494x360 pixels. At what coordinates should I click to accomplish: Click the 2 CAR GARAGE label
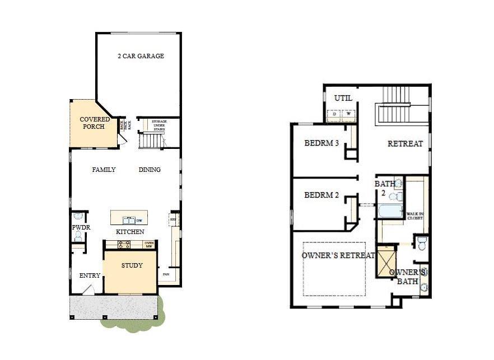click(141, 57)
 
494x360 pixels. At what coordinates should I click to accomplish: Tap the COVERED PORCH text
click(95, 123)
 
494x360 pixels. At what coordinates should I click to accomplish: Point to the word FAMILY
click(104, 170)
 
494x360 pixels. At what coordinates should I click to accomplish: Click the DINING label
click(150, 170)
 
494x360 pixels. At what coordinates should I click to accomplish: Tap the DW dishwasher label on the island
click(138, 221)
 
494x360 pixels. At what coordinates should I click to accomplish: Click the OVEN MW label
click(149, 244)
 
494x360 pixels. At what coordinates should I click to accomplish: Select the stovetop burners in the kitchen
click(123, 244)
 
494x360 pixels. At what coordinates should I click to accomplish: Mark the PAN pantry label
click(166, 274)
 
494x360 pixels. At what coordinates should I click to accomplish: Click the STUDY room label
click(132, 265)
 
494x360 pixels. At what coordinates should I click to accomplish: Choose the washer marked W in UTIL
click(348, 114)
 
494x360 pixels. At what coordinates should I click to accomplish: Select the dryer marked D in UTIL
click(334, 114)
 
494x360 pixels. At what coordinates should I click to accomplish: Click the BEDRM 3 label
click(321, 143)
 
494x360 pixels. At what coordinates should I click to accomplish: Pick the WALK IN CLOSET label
click(415, 216)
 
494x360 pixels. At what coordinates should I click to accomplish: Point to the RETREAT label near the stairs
click(405, 144)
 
